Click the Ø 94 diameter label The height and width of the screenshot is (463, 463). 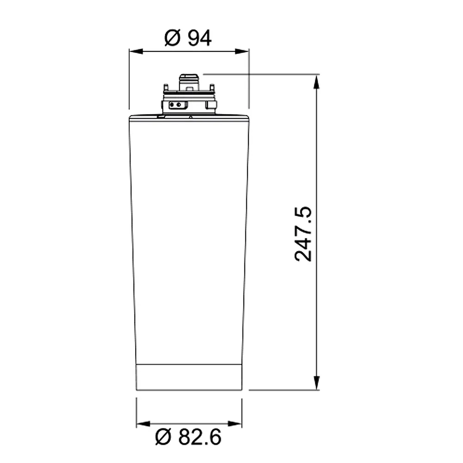tap(188, 38)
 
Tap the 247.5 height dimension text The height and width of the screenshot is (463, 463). tap(303, 234)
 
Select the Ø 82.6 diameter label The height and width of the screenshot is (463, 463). tap(188, 437)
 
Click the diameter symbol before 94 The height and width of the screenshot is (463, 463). tap(172, 38)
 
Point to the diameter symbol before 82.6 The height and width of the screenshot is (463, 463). tap(163, 437)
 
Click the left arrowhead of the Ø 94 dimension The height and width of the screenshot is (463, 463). tap(136, 51)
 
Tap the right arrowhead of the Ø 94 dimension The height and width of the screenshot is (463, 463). tap(242, 51)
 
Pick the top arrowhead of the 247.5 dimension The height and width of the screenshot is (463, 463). tap(317, 81)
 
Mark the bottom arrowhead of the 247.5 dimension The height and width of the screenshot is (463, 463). tap(317, 383)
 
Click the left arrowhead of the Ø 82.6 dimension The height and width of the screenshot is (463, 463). tap(143, 424)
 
